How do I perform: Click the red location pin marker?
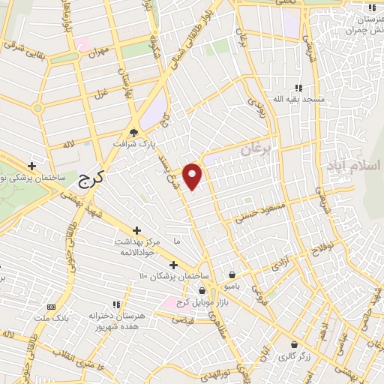(193, 175)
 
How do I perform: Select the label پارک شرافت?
(133, 143)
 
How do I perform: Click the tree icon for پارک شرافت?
(133, 131)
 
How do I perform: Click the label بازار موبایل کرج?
(201, 301)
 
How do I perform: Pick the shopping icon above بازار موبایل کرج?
(201, 289)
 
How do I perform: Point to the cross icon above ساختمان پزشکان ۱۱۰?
(173, 265)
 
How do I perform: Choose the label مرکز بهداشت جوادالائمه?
(136, 247)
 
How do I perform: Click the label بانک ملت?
(50, 318)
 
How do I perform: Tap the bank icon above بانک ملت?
(50, 306)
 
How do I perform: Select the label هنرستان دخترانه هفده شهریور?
(116, 322)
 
